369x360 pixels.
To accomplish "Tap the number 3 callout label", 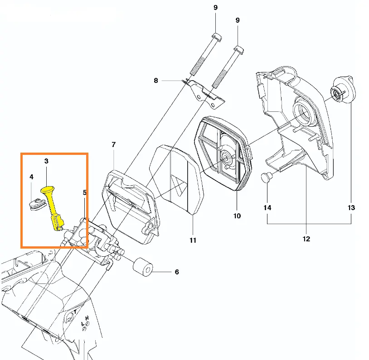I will [x=46, y=161].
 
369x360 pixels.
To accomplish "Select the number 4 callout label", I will [x=31, y=177].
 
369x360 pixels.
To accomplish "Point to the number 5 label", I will [x=85, y=193].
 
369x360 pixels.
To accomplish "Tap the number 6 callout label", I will [x=177, y=272].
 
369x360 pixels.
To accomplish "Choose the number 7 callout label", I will [x=113, y=145].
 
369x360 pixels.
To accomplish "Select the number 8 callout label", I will [x=156, y=81].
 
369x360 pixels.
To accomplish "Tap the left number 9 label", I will [x=215, y=8].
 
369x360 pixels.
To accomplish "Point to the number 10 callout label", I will [x=237, y=216].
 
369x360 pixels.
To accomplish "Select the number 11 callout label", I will [x=193, y=240].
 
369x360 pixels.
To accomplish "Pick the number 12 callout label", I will [x=306, y=239].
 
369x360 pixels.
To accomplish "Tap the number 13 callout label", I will [x=351, y=208].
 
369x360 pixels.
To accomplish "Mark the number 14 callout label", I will [x=267, y=208].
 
